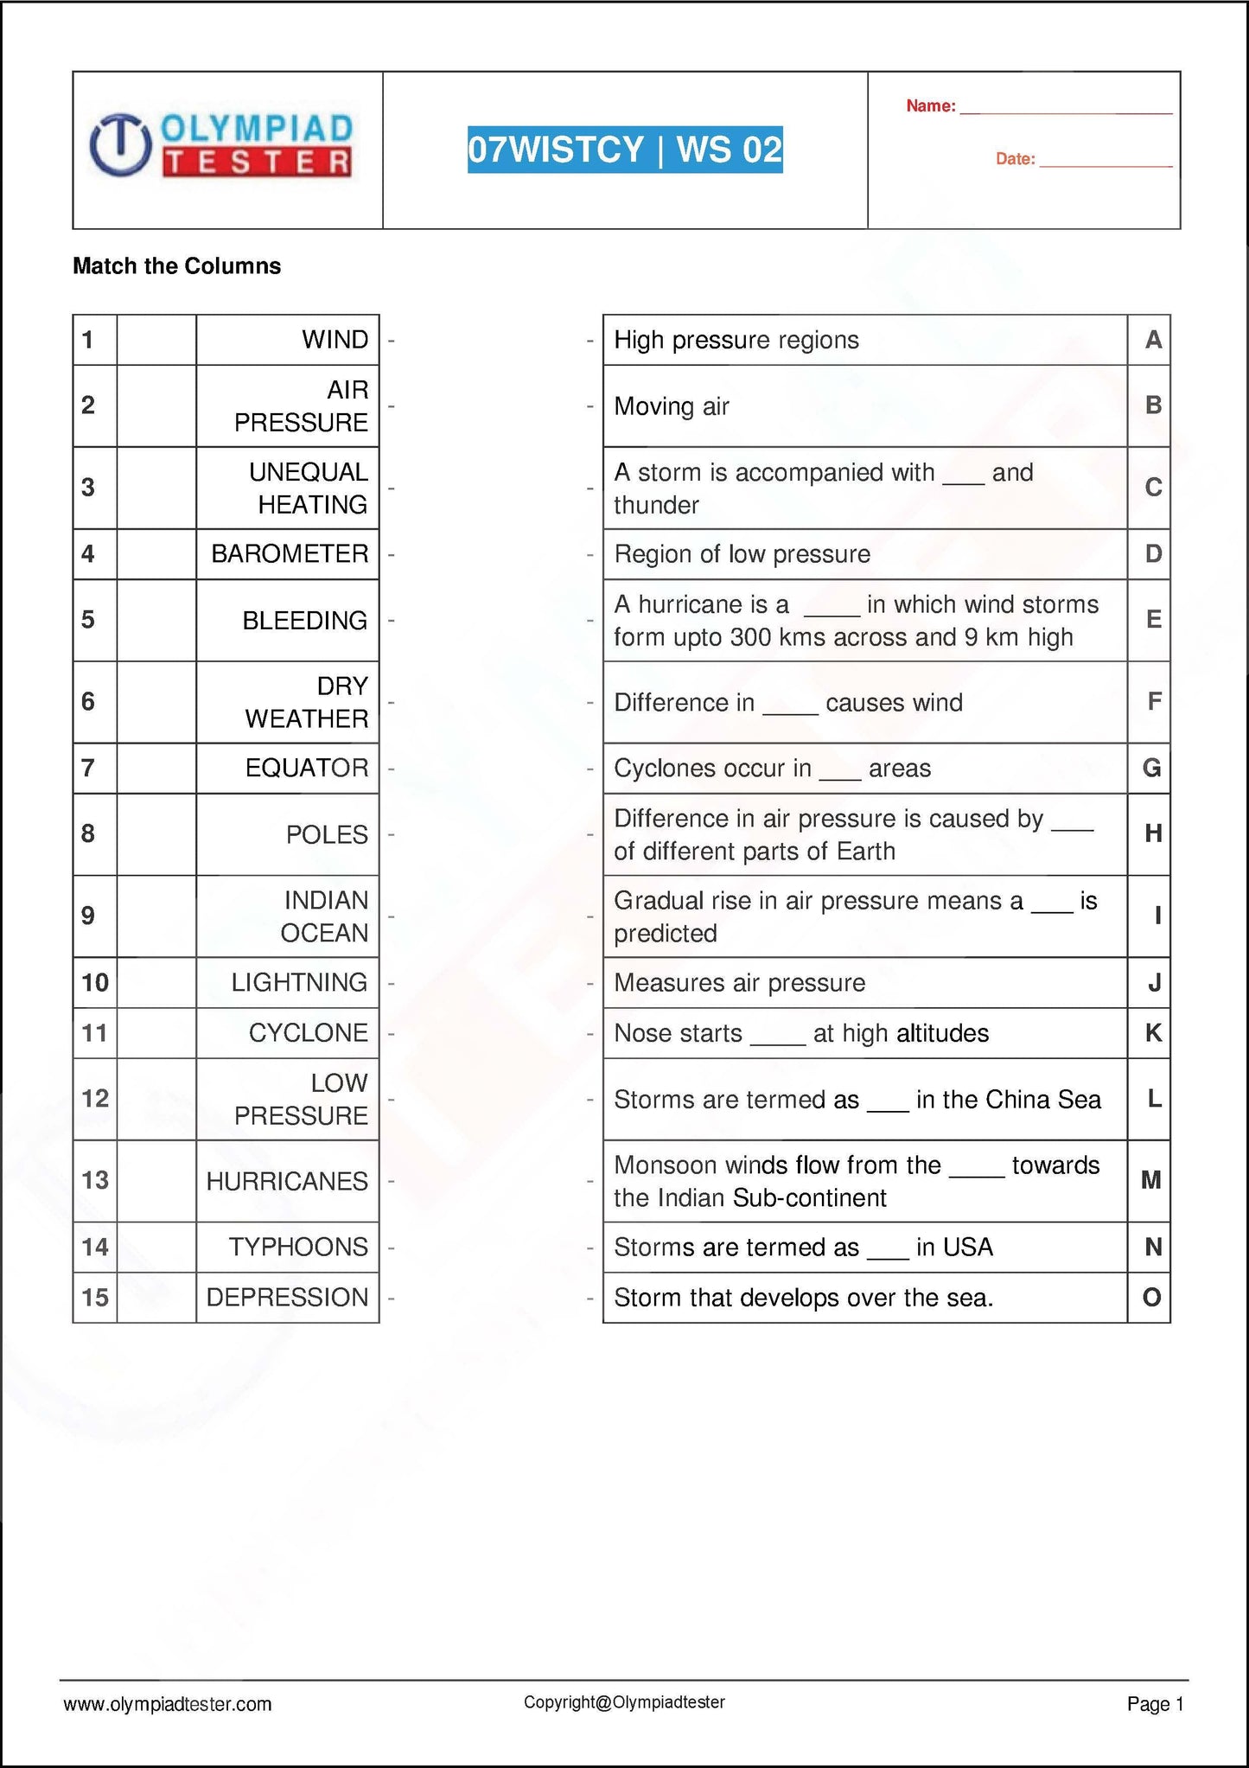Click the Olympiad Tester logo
pyautogui.click(x=222, y=145)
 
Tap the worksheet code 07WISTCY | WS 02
pyautogui.click(x=625, y=150)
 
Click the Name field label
pyautogui.click(x=930, y=106)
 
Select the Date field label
pyautogui.click(x=1015, y=159)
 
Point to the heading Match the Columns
pyautogui.click(x=176, y=266)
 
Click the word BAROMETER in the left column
pyautogui.click(x=290, y=554)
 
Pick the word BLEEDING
pyautogui.click(x=304, y=621)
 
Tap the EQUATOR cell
pyautogui.click(x=307, y=768)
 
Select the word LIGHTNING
pyautogui.click(x=299, y=982)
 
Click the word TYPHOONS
pyautogui.click(x=298, y=1247)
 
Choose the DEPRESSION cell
pyautogui.click(x=287, y=1297)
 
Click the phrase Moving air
pyautogui.click(x=672, y=406)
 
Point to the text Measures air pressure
pyautogui.click(x=739, y=983)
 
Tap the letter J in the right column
pyautogui.click(x=1153, y=983)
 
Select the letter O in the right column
pyautogui.click(x=1151, y=1297)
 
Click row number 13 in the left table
pyautogui.click(x=95, y=1180)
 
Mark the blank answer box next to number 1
pyautogui.click(x=156, y=340)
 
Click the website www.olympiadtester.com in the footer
pyautogui.click(x=168, y=1704)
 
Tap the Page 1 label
pyautogui.click(x=1155, y=1704)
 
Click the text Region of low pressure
pyautogui.click(x=742, y=554)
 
